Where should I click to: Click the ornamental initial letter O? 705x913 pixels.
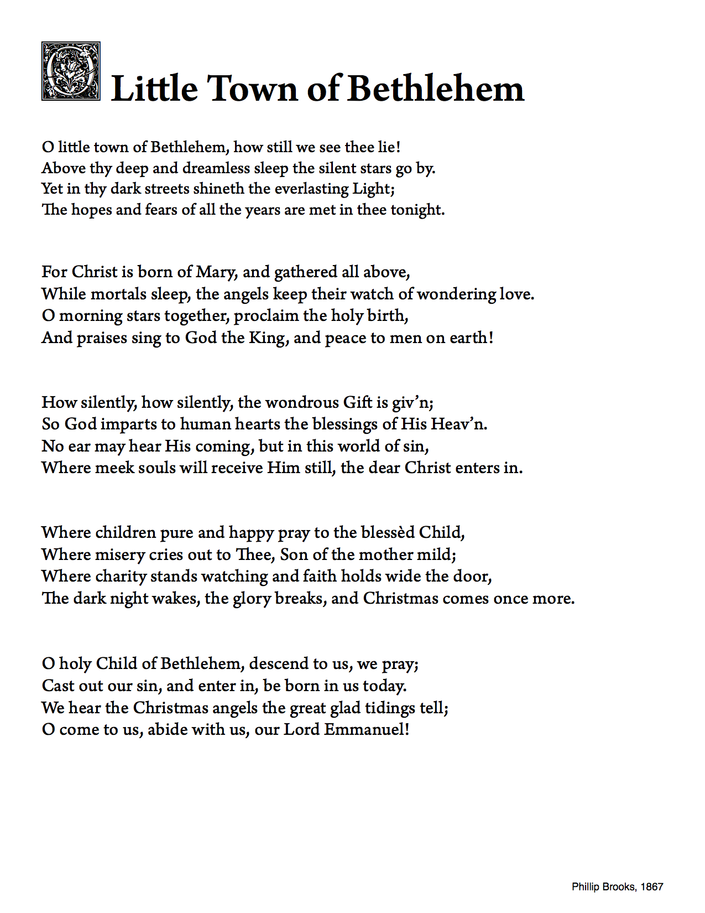(x=71, y=71)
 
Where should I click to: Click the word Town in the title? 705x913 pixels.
(x=252, y=89)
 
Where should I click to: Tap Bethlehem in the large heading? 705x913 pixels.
(x=436, y=89)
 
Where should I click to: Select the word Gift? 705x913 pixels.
(x=358, y=402)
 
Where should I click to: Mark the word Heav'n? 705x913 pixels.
(x=458, y=424)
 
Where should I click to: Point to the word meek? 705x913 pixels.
(x=116, y=468)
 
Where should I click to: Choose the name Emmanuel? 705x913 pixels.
(x=366, y=730)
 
